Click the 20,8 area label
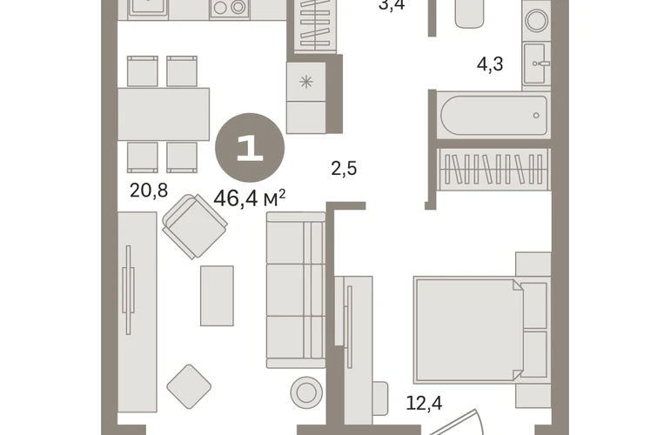149,191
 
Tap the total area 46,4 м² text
250,198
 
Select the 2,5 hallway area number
344,169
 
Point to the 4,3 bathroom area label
490,64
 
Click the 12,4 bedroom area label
424,403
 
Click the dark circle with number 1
250,148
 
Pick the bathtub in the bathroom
493,115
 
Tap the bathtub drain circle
536,116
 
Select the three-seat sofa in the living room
296,290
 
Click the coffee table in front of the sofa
217,296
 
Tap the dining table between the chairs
164,114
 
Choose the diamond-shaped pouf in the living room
189,386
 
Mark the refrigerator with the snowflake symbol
306,97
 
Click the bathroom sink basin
535,64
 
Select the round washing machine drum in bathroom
537,20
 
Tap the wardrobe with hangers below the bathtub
494,169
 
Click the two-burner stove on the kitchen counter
230,7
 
